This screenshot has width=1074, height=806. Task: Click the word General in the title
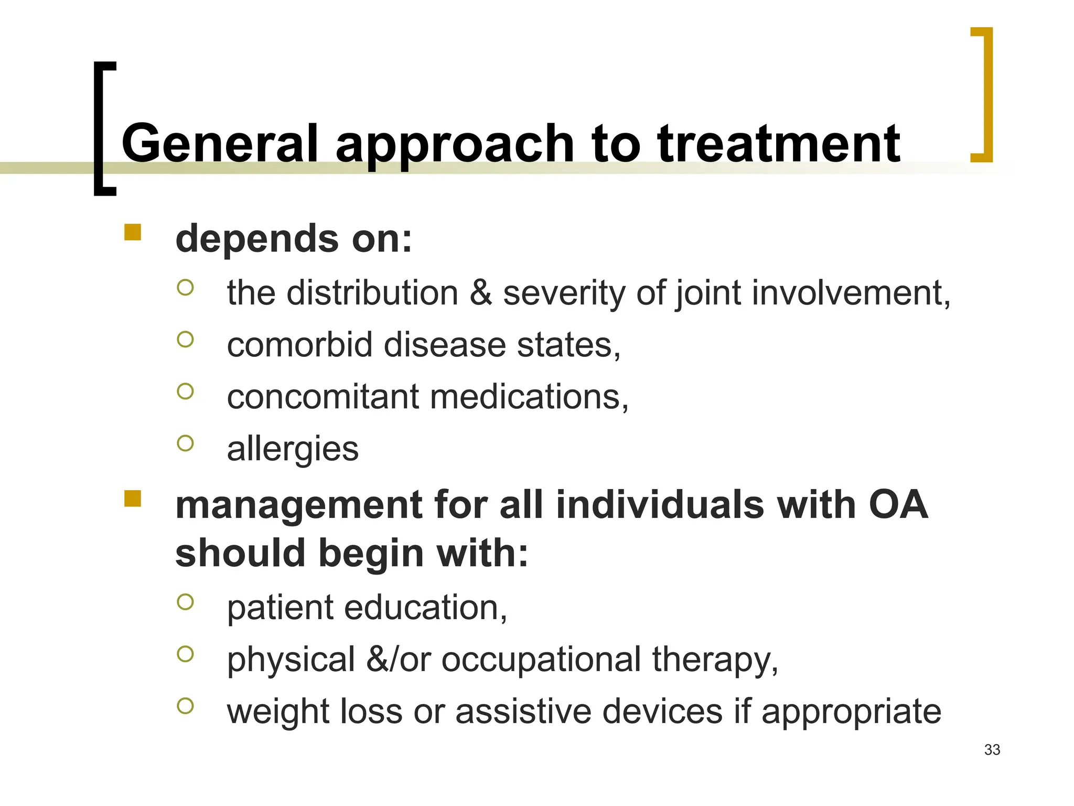point(220,143)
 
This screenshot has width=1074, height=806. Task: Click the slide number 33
point(992,750)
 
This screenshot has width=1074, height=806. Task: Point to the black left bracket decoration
point(99,129)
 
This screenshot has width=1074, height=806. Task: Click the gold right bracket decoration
point(987,94)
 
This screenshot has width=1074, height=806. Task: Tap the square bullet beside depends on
point(133,232)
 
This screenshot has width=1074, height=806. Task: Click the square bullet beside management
point(133,498)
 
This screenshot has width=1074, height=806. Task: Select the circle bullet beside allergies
point(186,443)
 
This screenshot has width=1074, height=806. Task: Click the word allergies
point(293,449)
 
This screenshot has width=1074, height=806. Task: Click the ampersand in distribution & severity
point(480,293)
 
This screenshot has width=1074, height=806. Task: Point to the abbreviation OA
point(898,505)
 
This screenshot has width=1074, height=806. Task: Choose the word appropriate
point(851,713)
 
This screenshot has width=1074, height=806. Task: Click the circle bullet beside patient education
point(186,602)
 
